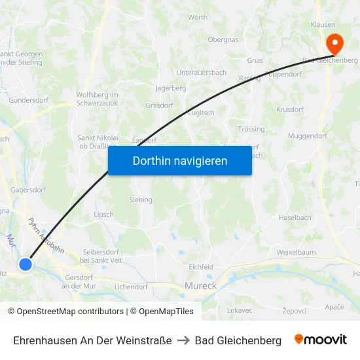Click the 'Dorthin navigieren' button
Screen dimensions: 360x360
(x=180, y=160)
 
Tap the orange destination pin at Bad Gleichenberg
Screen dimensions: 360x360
(x=334, y=44)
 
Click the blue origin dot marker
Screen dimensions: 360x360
(x=25, y=264)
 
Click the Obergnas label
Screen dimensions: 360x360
(x=223, y=39)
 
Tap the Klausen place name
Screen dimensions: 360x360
(x=323, y=24)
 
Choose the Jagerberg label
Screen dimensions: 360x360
(x=171, y=88)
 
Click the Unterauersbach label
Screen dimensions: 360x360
(x=202, y=73)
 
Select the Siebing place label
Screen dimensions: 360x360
(x=141, y=200)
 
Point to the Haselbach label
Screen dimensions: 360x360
(x=295, y=217)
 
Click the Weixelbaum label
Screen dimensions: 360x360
(x=296, y=252)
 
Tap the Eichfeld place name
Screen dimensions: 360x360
(x=201, y=267)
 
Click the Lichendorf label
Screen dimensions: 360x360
(x=131, y=287)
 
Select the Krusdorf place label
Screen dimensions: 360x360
(x=290, y=109)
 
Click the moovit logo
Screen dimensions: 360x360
(x=321, y=340)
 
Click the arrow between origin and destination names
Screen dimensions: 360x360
(x=183, y=340)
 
